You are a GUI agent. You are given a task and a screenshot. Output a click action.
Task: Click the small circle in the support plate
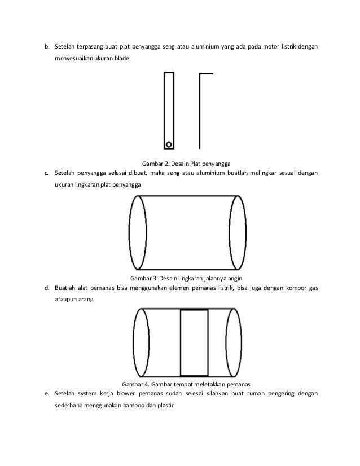(169, 144)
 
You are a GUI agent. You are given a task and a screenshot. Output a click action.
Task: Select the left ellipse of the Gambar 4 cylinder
(139, 342)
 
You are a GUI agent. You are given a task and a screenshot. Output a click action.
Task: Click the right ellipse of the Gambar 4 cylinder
(236, 342)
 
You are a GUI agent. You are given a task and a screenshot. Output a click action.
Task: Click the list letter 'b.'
(47, 46)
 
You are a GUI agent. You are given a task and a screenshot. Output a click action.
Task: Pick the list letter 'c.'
(47, 172)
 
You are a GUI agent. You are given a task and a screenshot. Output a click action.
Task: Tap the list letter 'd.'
(47, 288)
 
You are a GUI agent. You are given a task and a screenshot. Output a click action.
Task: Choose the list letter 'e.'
(47, 393)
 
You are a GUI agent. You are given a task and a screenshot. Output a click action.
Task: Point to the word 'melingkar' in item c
(263, 172)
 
